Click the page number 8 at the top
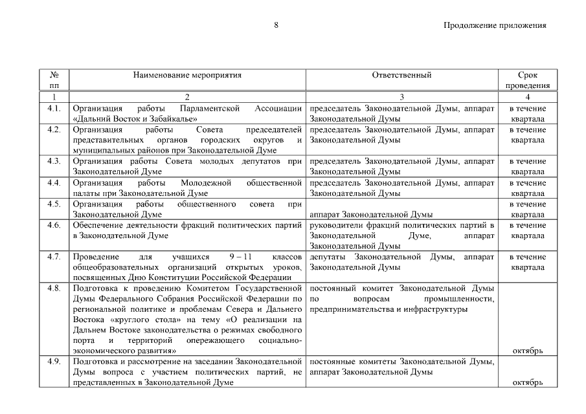click(x=276, y=25)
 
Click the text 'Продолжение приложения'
click(x=495, y=26)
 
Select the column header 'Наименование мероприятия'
click(x=187, y=76)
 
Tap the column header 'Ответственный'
click(x=402, y=76)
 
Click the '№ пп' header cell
click(x=54, y=80)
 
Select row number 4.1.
click(x=54, y=109)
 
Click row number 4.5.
click(x=54, y=204)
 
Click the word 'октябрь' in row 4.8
click(x=527, y=351)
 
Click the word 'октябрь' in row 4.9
click(x=527, y=383)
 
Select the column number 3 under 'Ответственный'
click(x=402, y=97)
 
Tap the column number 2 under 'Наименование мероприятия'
click(x=187, y=97)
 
